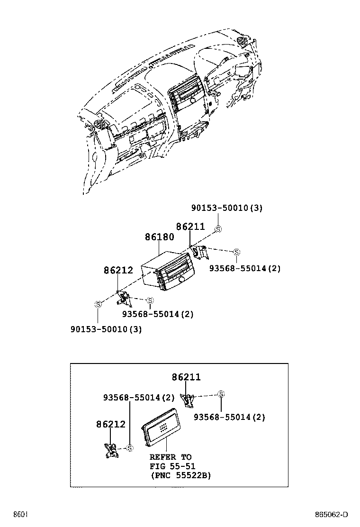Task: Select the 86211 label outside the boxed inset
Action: point(190,227)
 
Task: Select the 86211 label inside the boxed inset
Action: point(186,377)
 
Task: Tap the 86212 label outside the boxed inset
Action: point(118,271)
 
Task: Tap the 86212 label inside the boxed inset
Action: point(111,424)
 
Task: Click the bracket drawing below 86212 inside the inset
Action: point(112,451)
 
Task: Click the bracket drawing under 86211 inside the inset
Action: point(189,400)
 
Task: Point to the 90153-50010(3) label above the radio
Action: point(227,208)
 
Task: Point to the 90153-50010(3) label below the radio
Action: point(106,329)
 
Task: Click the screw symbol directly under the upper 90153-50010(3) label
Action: point(218,229)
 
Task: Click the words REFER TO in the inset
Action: point(171,457)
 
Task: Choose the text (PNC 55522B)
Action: point(180,475)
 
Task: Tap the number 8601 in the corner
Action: point(20,515)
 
